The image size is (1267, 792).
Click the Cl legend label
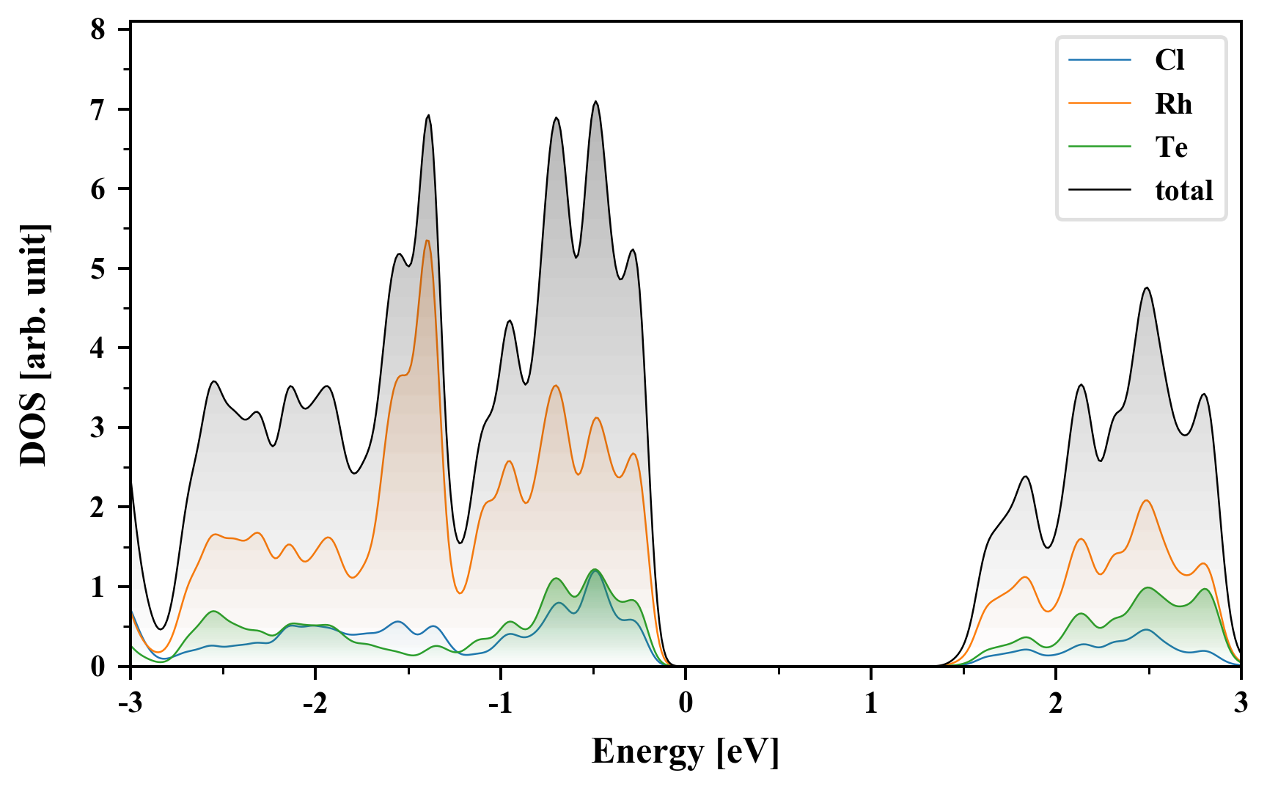coord(1169,60)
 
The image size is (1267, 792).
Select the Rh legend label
coord(1173,104)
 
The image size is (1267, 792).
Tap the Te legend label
coord(1171,147)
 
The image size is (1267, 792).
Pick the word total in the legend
coord(1183,191)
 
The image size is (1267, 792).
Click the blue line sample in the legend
coord(1100,60)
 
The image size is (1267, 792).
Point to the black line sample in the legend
coord(1100,191)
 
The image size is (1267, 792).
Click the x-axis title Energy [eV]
coord(685,752)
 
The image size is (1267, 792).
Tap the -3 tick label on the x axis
coord(130,703)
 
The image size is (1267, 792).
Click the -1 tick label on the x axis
coord(499,703)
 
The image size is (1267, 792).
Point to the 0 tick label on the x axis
coord(686,703)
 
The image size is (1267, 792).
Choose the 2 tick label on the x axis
coord(1056,703)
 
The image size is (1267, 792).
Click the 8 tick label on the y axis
coord(98,30)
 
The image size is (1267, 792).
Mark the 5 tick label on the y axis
coord(98,268)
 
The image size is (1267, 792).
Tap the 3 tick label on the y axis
coord(98,428)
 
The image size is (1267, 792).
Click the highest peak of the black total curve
coord(595,102)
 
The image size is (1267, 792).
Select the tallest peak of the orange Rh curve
coord(427,241)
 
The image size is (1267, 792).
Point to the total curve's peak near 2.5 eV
coord(1147,288)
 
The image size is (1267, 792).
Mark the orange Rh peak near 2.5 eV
coord(1146,500)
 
